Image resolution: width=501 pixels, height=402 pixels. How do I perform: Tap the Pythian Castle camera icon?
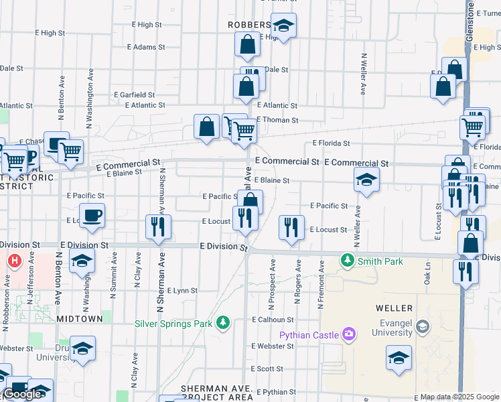pos(348,333)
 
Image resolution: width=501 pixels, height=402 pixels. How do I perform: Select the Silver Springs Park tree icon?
pos(223,324)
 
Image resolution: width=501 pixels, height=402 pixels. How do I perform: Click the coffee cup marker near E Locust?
pos(92,216)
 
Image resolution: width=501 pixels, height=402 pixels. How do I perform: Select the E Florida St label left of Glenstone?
pos(331,143)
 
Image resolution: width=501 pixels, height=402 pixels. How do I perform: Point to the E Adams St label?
pos(145,47)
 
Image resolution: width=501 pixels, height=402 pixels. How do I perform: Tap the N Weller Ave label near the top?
pos(364,74)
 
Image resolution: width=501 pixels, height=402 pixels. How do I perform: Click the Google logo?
pos(22,393)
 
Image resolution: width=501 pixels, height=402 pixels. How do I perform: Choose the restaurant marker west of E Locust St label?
pos(291,227)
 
